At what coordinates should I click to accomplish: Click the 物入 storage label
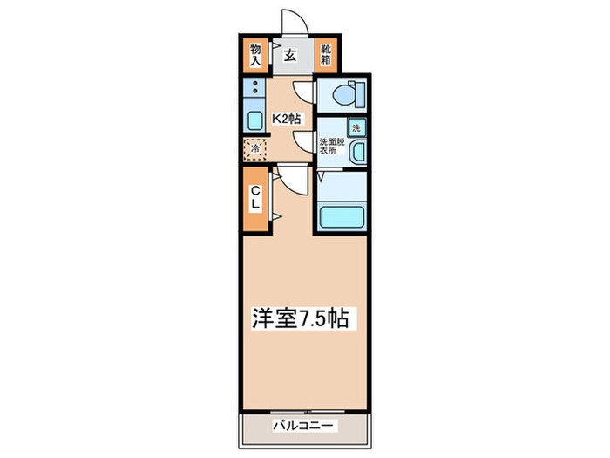(x=256, y=55)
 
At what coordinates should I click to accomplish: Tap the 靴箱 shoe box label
(x=326, y=55)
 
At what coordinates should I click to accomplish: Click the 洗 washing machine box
(x=357, y=127)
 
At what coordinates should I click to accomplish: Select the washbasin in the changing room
(x=357, y=153)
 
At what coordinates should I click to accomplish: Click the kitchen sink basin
(x=254, y=120)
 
